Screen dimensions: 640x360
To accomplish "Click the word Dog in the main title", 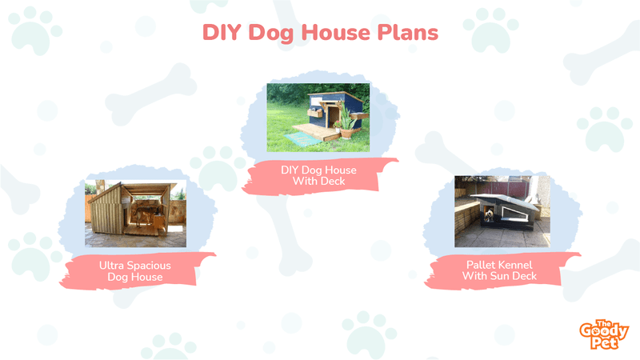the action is [271, 34].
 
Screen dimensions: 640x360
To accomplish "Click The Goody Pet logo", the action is [604, 334].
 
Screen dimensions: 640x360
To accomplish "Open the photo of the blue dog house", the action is [318, 118].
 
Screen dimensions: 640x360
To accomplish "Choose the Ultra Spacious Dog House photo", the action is [135, 214].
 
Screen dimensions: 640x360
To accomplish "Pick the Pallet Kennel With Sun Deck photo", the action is [502, 211].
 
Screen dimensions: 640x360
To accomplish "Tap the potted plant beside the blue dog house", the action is [347, 122].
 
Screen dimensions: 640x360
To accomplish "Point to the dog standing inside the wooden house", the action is [143, 215].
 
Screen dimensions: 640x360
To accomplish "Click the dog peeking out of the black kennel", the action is [490, 214].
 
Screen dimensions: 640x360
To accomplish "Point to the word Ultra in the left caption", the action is [111, 266].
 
